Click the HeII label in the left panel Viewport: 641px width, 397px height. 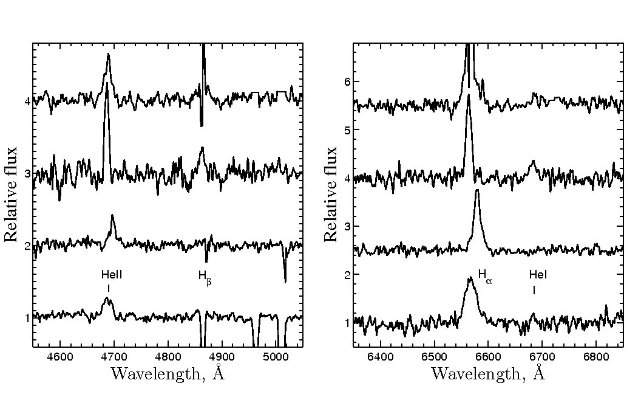tap(112, 275)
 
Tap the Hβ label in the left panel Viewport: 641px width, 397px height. tap(205, 276)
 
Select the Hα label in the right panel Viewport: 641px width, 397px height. tap(484, 275)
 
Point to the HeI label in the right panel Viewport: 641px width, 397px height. tap(538, 275)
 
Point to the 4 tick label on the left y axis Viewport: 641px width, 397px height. tap(27, 102)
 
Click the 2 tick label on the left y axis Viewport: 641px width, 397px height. tap(27, 246)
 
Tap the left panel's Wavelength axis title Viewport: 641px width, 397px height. tap(168, 373)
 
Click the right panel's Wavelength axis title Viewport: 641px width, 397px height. tap(488, 373)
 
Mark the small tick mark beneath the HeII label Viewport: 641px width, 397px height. tap(109, 289)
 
